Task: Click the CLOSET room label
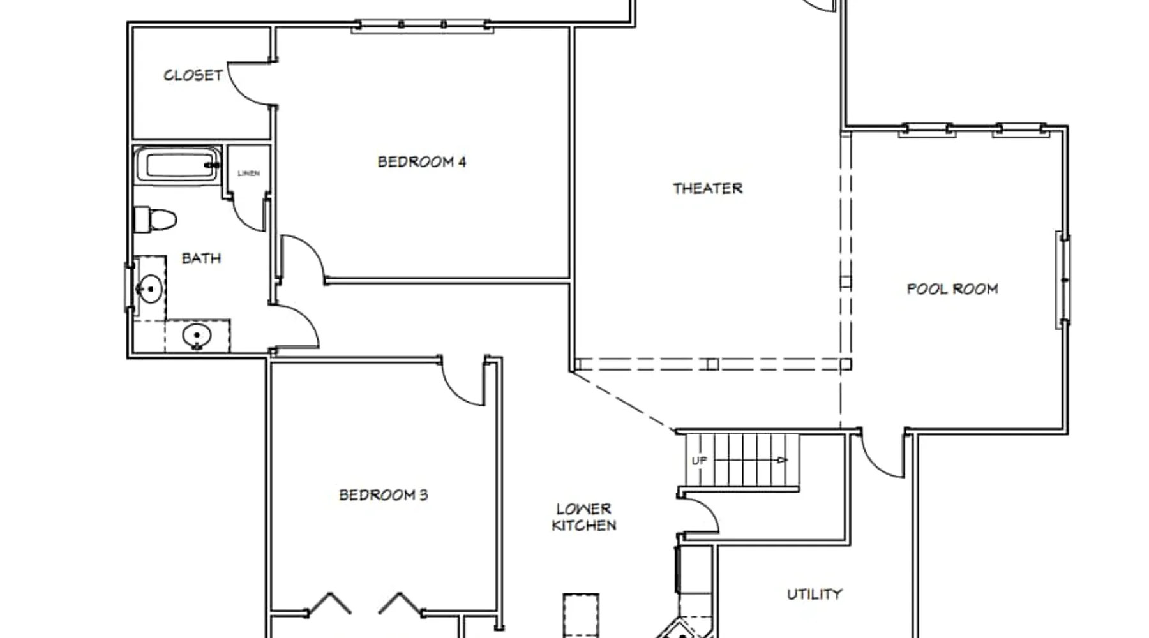(x=193, y=75)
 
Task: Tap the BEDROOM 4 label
(x=422, y=162)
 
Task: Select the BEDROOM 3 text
(x=383, y=495)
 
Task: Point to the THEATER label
(x=707, y=188)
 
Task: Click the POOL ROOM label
(x=952, y=289)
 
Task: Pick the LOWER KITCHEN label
(x=584, y=517)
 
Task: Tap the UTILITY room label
(x=815, y=595)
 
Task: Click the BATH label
(x=201, y=258)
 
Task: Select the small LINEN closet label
(x=248, y=174)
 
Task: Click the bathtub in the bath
(x=177, y=166)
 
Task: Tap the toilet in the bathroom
(x=155, y=220)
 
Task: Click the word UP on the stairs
(x=699, y=461)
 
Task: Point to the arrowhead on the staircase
(x=783, y=460)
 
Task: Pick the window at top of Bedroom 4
(x=422, y=26)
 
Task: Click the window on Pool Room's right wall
(x=1063, y=281)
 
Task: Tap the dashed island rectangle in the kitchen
(x=581, y=616)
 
